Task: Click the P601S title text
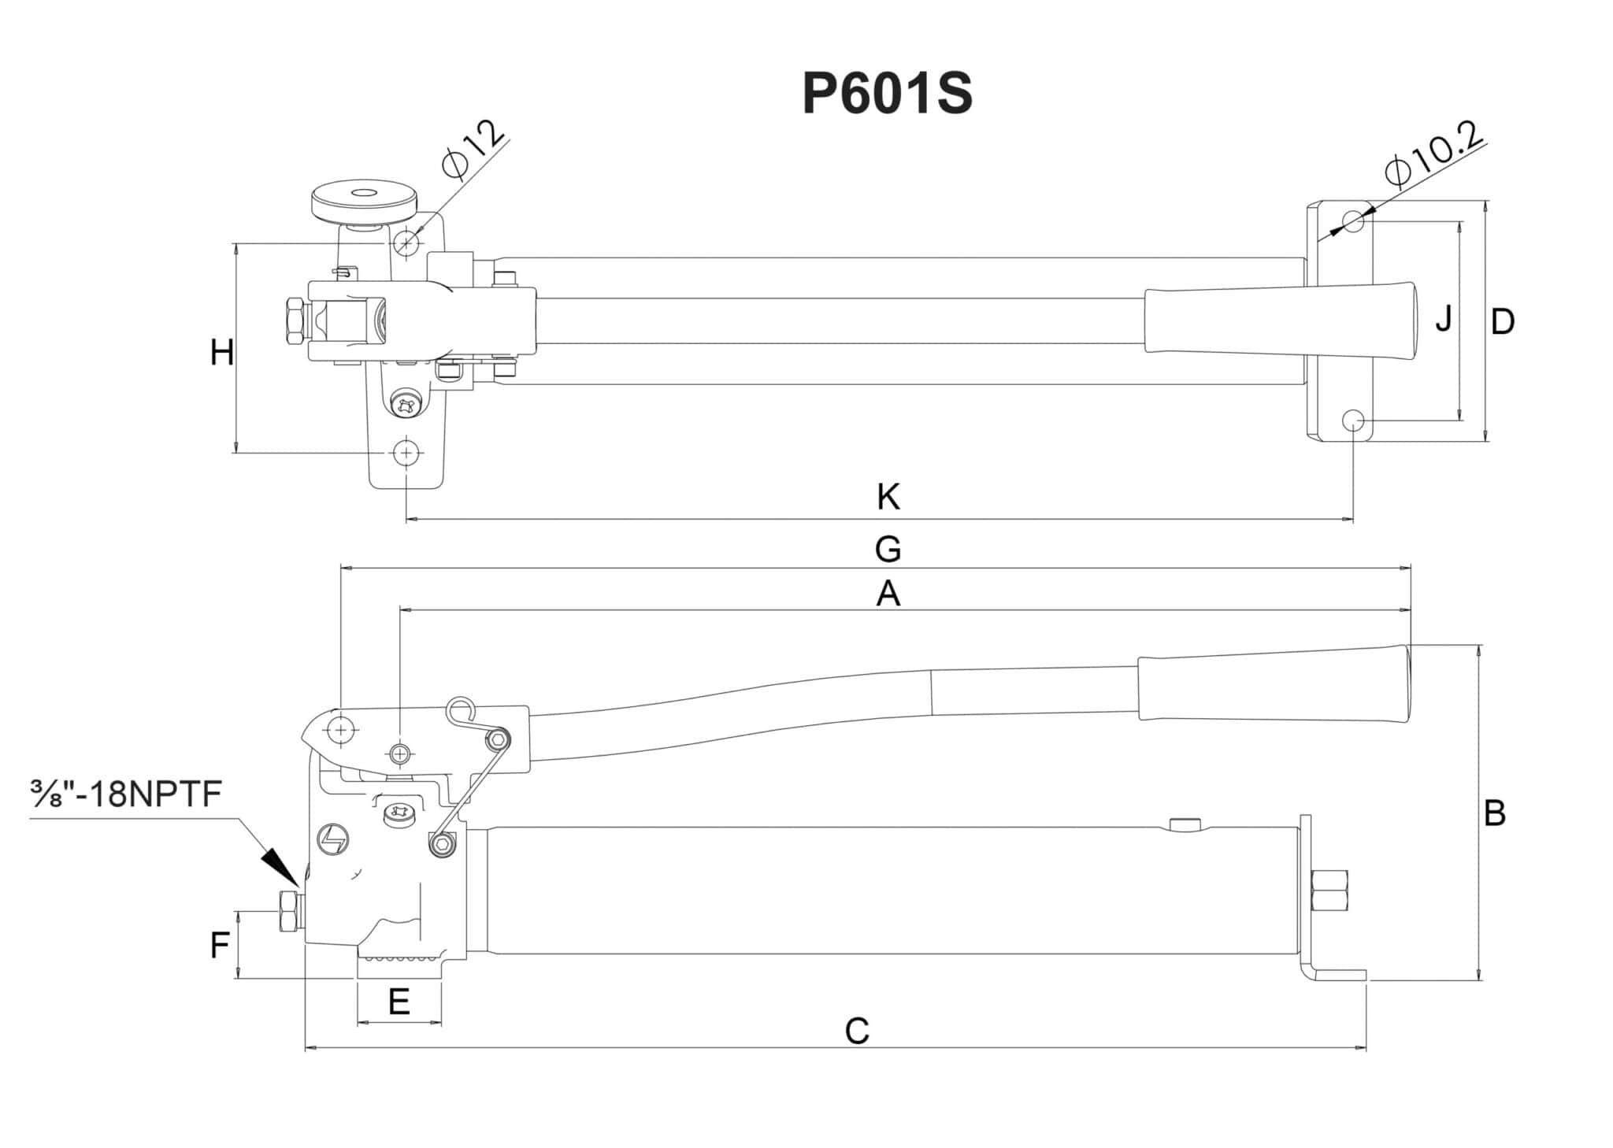pyautogui.click(x=888, y=94)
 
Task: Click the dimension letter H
pyautogui.click(x=221, y=353)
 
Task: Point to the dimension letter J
pyautogui.click(x=1443, y=318)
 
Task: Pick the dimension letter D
pyautogui.click(x=1503, y=321)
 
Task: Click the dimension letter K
pyautogui.click(x=888, y=498)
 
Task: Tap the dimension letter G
pyautogui.click(x=888, y=549)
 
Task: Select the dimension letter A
pyautogui.click(x=888, y=594)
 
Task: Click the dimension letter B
pyautogui.click(x=1494, y=813)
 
